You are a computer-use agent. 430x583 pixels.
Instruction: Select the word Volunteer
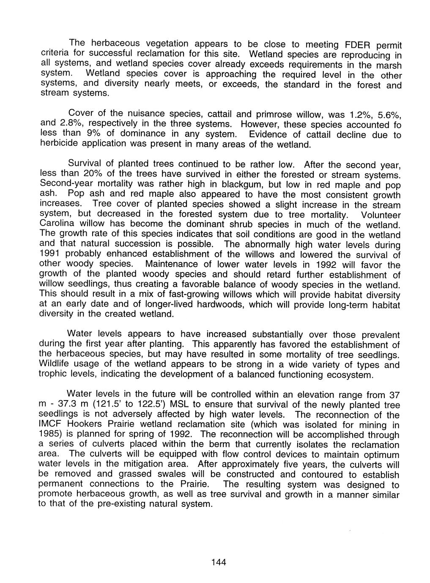point(380,215)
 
